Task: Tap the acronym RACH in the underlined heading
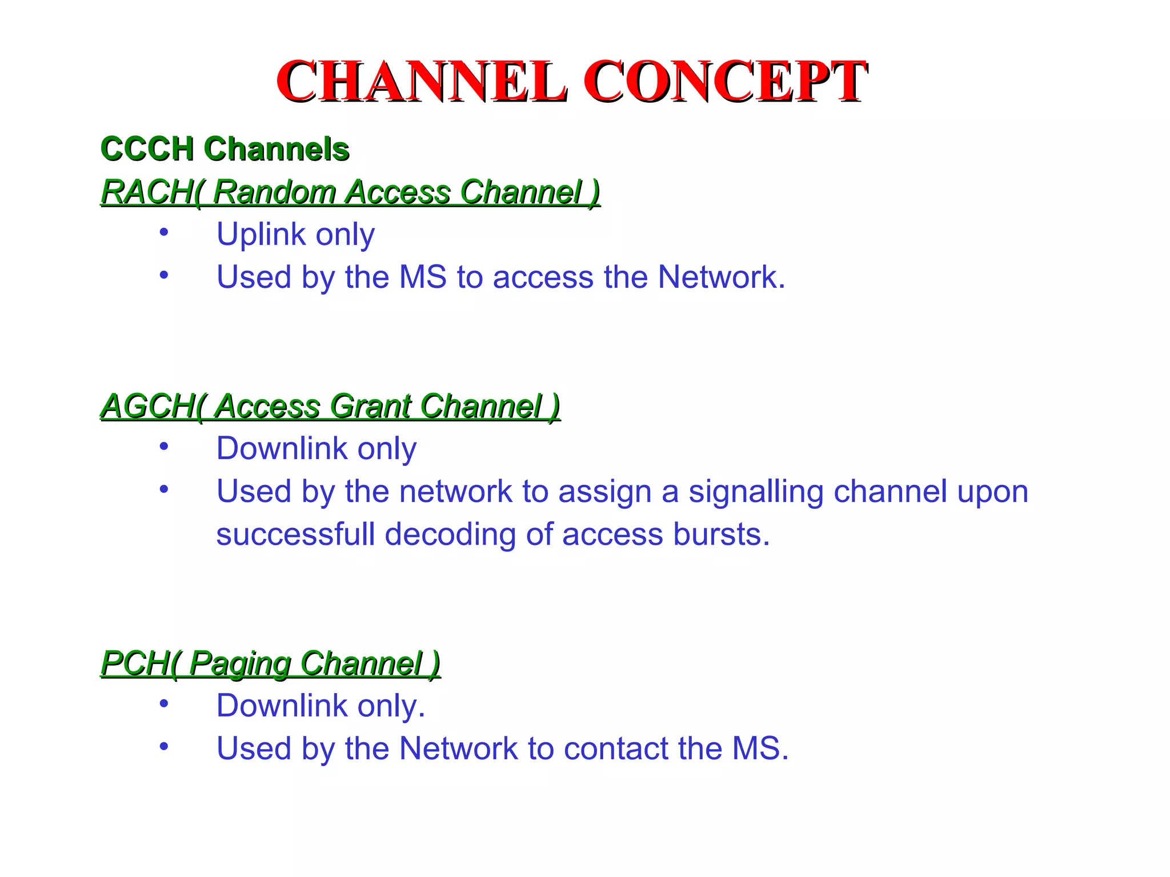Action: (146, 192)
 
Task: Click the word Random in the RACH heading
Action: (274, 192)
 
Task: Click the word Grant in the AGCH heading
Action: (371, 406)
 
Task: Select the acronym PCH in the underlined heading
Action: (135, 663)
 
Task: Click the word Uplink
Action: (261, 235)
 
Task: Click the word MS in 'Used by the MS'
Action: (423, 277)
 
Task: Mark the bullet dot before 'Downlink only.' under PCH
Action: (164, 703)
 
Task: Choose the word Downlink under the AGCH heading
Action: (282, 449)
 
